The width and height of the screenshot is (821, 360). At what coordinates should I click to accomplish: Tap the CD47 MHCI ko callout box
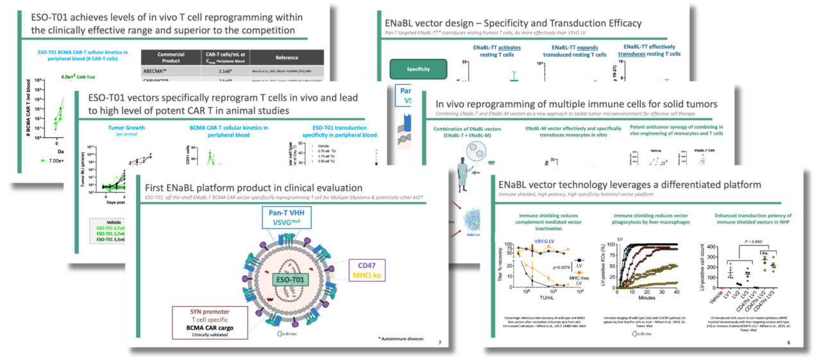(367, 270)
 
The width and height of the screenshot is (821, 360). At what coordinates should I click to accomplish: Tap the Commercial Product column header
(171, 57)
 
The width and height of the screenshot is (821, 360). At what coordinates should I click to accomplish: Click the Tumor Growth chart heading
(126, 128)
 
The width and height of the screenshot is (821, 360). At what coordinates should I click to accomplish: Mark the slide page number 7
(439, 340)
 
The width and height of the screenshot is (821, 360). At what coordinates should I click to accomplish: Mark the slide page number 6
(788, 342)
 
